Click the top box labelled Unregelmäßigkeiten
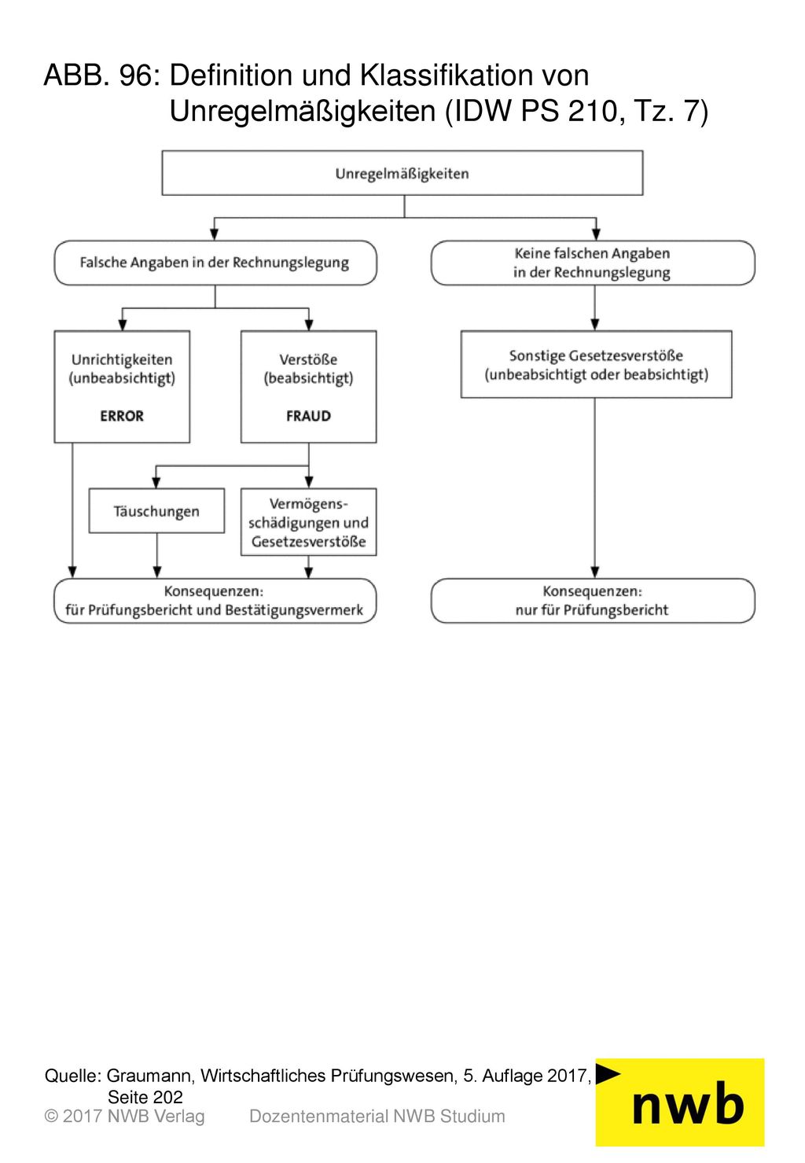coord(402,173)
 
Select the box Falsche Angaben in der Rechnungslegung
coord(215,263)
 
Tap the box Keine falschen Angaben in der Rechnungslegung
coord(593,263)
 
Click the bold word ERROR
coord(122,416)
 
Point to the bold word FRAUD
coord(308,416)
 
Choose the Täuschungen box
coord(156,511)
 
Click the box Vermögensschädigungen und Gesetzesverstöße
coord(308,522)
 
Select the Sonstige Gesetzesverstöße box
coord(597,365)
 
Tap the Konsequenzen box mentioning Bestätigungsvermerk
coord(215,601)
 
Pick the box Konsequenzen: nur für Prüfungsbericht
coord(593,601)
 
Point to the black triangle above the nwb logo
coord(606,1073)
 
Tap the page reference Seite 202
coord(145,1097)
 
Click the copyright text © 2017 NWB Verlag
coord(124,1117)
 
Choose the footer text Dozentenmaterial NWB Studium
coord(377,1117)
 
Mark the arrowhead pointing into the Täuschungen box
coord(156,482)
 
